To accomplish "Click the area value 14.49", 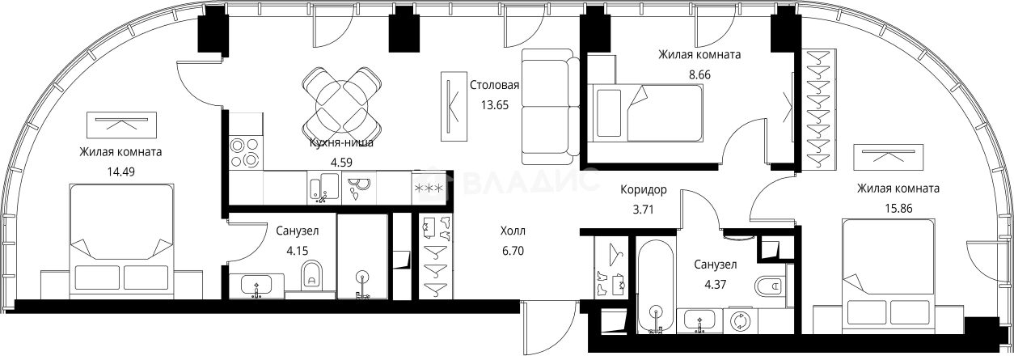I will [121, 171].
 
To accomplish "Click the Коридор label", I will [643, 190].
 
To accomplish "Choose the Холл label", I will [513, 231].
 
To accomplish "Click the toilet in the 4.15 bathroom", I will [310, 275].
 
